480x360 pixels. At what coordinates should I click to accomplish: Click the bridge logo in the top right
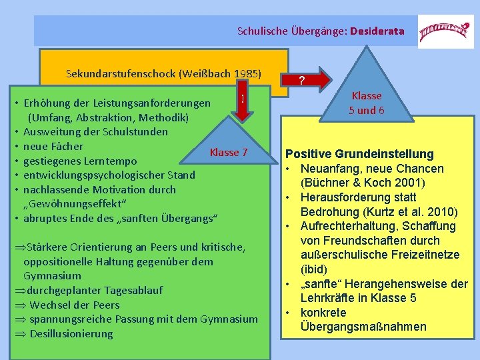coord(437,31)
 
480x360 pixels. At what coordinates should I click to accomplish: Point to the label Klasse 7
coord(229,153)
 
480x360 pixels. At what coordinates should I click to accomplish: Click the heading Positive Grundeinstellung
coord(360,154)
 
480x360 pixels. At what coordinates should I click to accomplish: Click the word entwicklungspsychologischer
coord(89,175)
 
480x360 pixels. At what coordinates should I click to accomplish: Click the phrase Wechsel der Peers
coord(75,305)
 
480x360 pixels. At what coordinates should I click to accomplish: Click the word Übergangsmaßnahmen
coord(363,327)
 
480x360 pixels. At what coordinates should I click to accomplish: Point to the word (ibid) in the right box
coord(313,269)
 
